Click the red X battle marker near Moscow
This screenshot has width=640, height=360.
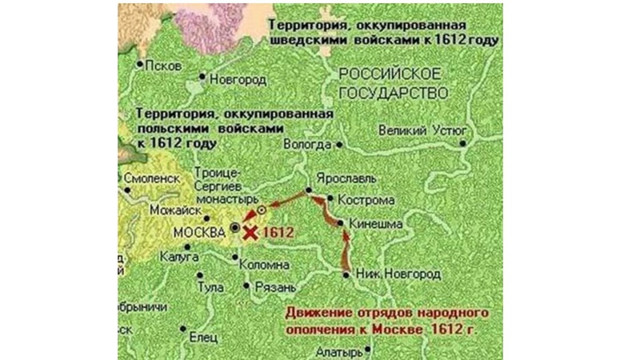coord(251,233)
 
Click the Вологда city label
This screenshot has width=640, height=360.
coord(307,145)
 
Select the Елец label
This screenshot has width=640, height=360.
coord(203,337)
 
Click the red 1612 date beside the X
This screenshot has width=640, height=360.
coord(279,233)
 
